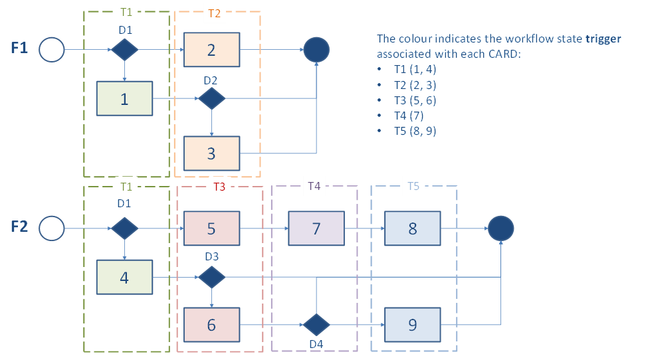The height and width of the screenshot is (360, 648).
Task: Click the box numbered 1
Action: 124,99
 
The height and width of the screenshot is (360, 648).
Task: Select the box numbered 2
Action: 211,49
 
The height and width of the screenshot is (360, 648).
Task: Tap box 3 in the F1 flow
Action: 211,153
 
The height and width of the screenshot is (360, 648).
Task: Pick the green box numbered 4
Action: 124,277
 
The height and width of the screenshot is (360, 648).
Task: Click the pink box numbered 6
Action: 211,325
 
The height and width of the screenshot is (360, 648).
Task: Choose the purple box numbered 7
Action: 316,228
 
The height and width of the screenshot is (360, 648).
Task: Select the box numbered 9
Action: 413,325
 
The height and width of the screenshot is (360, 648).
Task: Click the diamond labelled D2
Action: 211,99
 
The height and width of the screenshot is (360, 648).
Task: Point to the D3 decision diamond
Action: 211,277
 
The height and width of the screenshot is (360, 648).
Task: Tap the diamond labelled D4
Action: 316,325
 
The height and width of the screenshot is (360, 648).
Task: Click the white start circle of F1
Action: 51,49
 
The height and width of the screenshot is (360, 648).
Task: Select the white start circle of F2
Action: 51,228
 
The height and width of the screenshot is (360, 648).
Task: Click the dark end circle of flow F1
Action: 316,49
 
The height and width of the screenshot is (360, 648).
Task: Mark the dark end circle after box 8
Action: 501,228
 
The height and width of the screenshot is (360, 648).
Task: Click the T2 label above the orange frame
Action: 213,13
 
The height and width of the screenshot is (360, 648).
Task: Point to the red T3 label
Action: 219,187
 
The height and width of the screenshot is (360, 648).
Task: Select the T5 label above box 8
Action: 413,187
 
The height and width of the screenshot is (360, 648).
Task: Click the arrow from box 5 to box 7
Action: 263,228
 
